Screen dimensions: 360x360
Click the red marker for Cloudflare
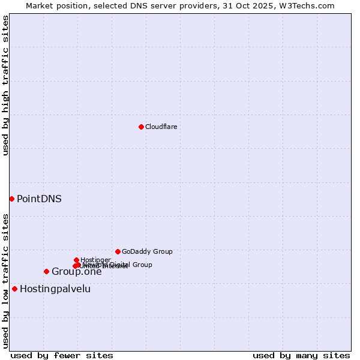tap(141, 127)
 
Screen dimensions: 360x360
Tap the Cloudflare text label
tap(161, 127)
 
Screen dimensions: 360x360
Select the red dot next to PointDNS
tap(11, 199)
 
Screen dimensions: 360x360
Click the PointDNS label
tap(39, 199)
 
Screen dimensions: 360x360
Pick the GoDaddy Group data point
tap(118, 251)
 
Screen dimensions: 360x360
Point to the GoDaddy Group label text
tap(147, 251)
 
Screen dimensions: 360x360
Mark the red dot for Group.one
tap(46, 271)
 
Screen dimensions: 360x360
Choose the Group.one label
tap(76, 272)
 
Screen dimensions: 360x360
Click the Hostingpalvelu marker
tap(14, 289)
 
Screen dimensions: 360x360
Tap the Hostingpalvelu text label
tap(55, 289)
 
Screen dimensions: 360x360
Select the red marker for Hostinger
tap(76, 260)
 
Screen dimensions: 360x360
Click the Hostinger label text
tap(95, 260)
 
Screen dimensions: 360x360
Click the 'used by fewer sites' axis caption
tap(62, 355)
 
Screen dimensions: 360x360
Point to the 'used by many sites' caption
tap(301, 355)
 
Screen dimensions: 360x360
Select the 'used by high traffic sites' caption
tap(5, 85)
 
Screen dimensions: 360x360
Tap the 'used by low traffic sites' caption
tap(5, 280)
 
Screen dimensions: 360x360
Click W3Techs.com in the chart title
tap(310, 5)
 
